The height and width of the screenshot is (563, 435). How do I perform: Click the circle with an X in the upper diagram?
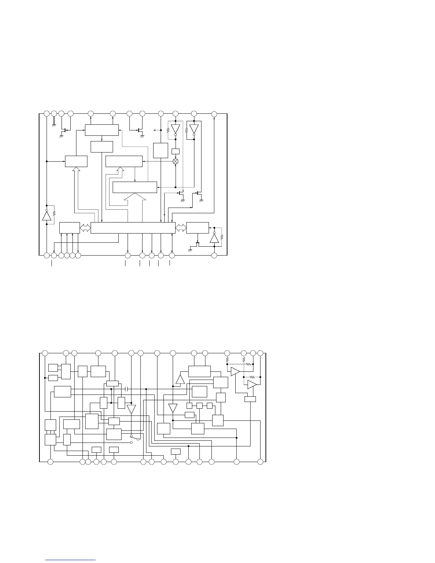point(175,161)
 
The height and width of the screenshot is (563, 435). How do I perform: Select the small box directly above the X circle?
point(175,151)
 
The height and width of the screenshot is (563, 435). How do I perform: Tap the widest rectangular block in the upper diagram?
point(133,228)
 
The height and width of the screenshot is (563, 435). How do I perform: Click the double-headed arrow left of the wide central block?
point(85,228)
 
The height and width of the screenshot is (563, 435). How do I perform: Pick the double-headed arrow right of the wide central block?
point(181,228)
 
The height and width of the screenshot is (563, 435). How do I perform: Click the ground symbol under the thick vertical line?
point(54,125)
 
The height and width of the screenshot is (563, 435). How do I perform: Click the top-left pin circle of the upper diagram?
point(47,113)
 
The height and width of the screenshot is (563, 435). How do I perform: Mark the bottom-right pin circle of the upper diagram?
point(214,255)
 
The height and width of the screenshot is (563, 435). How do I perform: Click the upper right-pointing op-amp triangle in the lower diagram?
point(235,372)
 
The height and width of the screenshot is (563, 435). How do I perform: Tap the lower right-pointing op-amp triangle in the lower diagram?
point(252,385)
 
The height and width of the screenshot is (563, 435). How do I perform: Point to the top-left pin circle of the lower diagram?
point(45,353)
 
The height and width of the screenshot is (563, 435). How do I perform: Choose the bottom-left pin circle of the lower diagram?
point(50,462)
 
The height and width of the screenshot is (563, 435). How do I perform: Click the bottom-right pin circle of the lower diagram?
point(261,462)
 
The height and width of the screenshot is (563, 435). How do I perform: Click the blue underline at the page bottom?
point(70,560)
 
